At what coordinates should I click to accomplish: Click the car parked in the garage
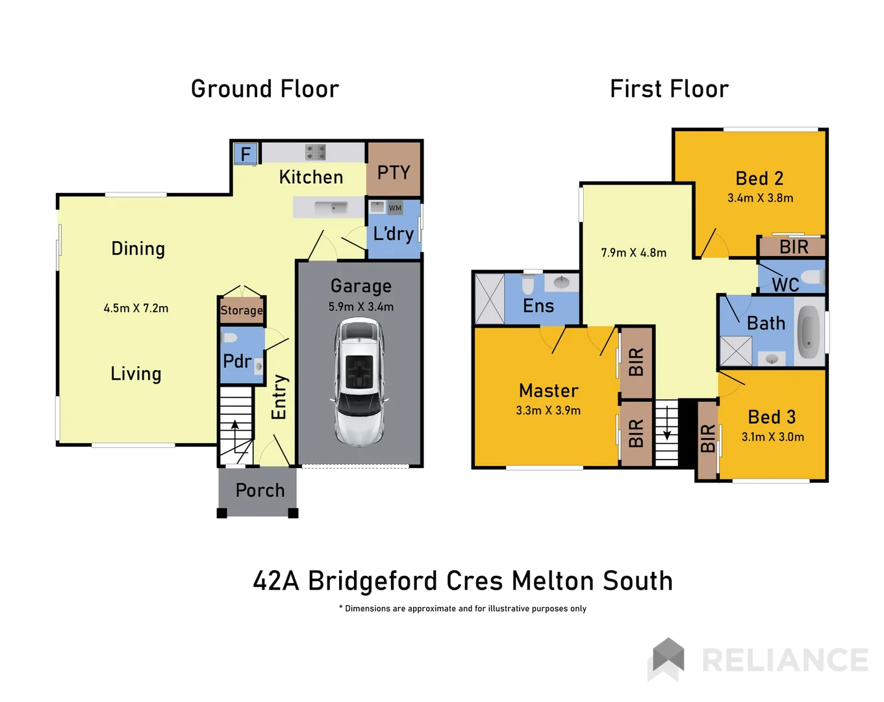pos(359,382)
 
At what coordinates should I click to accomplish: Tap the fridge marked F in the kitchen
pos(246,154)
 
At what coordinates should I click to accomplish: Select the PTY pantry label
pos(394,172)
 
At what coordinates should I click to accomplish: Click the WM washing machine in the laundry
pos(395,208)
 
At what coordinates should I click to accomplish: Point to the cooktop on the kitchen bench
pos(316,152)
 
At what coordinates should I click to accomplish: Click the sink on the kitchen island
pos(331,208)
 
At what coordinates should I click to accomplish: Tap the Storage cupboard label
pos(242,310)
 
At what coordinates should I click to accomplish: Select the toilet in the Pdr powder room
pos(229,337)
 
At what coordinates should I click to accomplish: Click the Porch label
pos(260,490)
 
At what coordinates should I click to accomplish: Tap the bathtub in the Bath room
pos(809,331)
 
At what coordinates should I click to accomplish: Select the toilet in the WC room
pos(811,278)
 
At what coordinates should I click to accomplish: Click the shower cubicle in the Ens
pos(490,299)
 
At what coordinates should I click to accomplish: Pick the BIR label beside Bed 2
pos(794,247)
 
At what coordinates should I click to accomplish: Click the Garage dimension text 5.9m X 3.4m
pos(360,307)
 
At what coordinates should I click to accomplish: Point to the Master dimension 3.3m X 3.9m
pos(548,410)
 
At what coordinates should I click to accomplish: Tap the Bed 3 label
pos(772,417)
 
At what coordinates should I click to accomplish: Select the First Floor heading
pos(669,89)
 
